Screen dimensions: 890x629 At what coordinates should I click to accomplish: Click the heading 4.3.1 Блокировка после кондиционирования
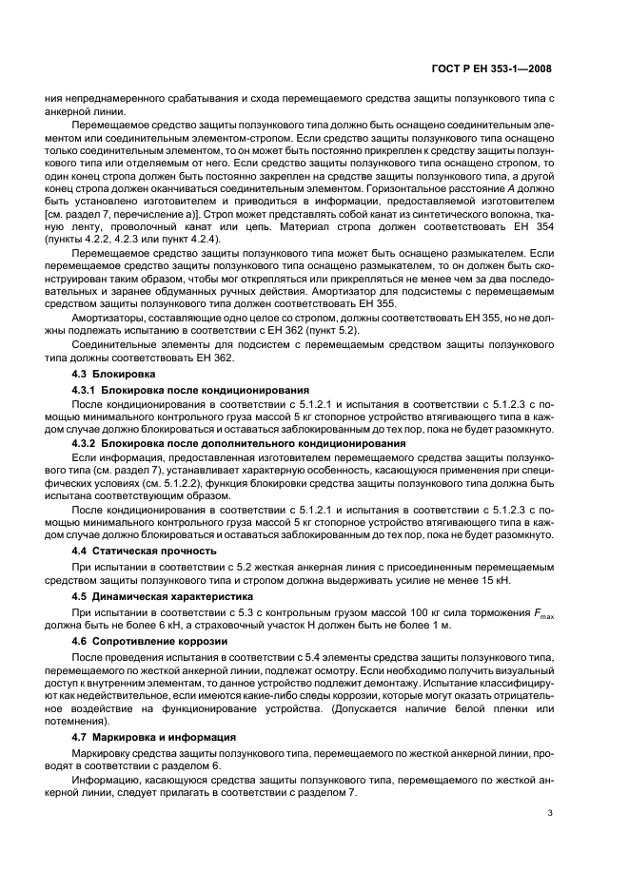pos(190,390)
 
